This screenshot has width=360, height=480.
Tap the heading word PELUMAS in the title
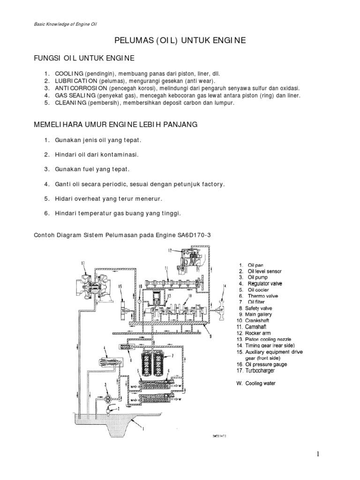point(132,41)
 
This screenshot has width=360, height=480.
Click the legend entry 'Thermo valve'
point(263,296)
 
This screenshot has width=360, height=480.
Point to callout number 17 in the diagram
point(83,263)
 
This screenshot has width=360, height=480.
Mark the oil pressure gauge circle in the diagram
point(140,298)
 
